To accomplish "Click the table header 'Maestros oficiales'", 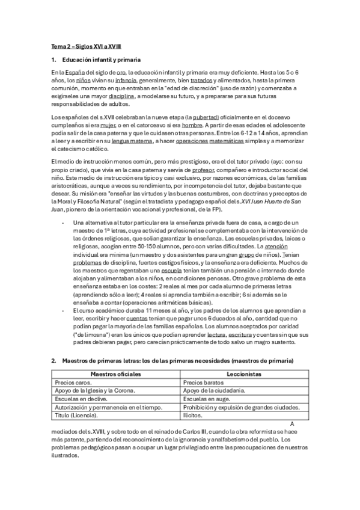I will pyautogui.click(x=116, y=373).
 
